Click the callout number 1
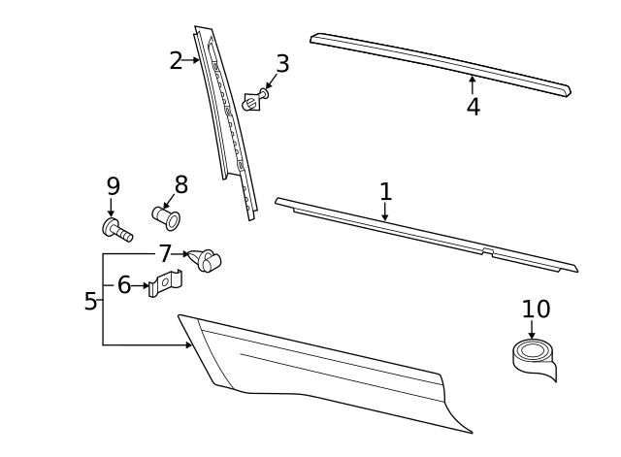coord(385,191)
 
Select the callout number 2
coord(176,61)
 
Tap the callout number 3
coord(282,64)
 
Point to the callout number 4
coord(473,107)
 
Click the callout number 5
coord(90,302)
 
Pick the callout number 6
coord(124,285)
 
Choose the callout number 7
coord(165,254)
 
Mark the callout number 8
coord(180,185)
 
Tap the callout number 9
coord(113,185)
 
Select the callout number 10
coord(536,310)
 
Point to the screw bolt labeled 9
coord(116,230)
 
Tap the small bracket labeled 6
coord(166,284)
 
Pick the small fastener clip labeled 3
coord(254,100)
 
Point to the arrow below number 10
coord(531,331)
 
